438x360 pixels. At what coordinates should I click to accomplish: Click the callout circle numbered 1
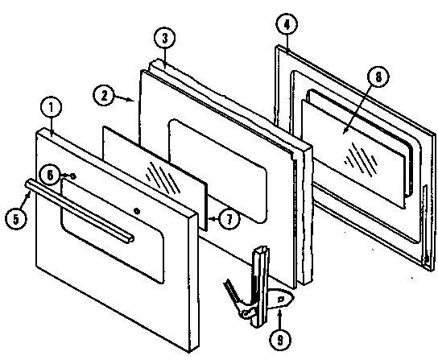tap(50, 106)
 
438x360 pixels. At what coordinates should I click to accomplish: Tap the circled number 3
tap(163, 39)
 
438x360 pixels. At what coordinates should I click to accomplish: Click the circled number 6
tap(51, 174)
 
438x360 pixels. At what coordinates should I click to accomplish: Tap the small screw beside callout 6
tap(72, 176)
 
